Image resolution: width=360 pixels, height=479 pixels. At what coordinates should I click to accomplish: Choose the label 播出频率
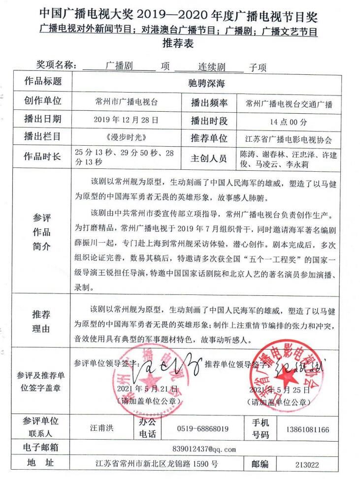(209, 103)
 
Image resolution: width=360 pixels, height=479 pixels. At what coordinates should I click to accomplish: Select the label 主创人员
(209, 158)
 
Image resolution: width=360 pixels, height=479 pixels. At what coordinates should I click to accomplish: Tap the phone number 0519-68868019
(203, 429)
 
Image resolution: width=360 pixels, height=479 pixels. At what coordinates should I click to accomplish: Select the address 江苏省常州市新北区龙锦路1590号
(157, 464)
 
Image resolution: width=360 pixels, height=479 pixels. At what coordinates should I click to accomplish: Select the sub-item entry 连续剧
(213, 66)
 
